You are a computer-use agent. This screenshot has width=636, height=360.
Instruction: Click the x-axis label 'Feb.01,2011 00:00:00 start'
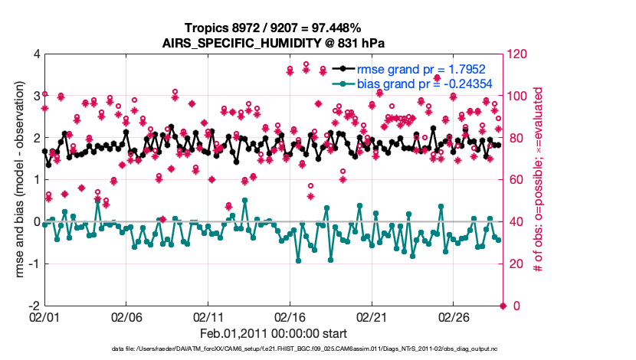[x=274, y=333]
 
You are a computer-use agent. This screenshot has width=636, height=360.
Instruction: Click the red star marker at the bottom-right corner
[x=503, y=306]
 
